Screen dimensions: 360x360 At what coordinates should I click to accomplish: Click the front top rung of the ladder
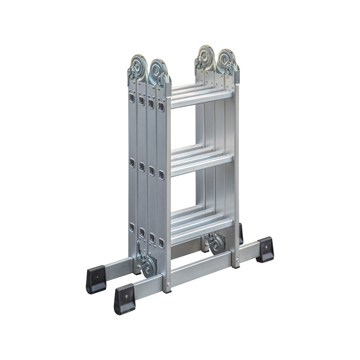pyautogui.click(x=201, y=99)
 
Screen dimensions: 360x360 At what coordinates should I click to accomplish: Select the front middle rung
pyautogui.click(x=201, y=164)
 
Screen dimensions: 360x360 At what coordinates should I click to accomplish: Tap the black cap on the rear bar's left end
pyautogui.click(x=96, y=279)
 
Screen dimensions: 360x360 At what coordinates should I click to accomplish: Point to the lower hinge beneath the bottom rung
pyautogui.click(x=217, y=243)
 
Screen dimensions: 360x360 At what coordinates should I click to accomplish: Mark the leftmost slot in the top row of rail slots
pyautogui.click(x=132, y=98)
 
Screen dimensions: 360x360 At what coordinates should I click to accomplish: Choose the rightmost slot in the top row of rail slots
pyautogui.click(x=161, y=107)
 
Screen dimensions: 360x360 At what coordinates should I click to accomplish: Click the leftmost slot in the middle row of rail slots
pyautogui.click(x=132, y=162)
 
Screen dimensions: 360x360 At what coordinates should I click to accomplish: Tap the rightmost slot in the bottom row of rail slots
pyautogui.click(x=161, y=243)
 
